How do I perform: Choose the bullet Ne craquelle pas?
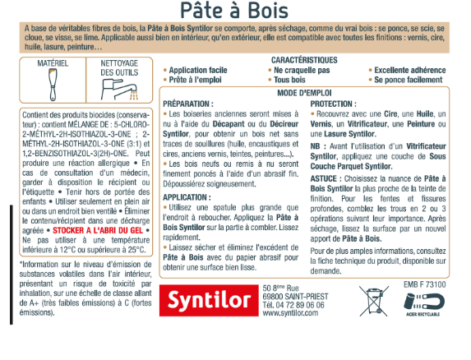click(x=297, y=71)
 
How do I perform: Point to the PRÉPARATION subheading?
click(x=188, y=104)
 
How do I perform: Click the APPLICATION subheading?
click(x=187, y=197)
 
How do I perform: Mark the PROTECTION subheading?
click(x=334, y=104)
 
